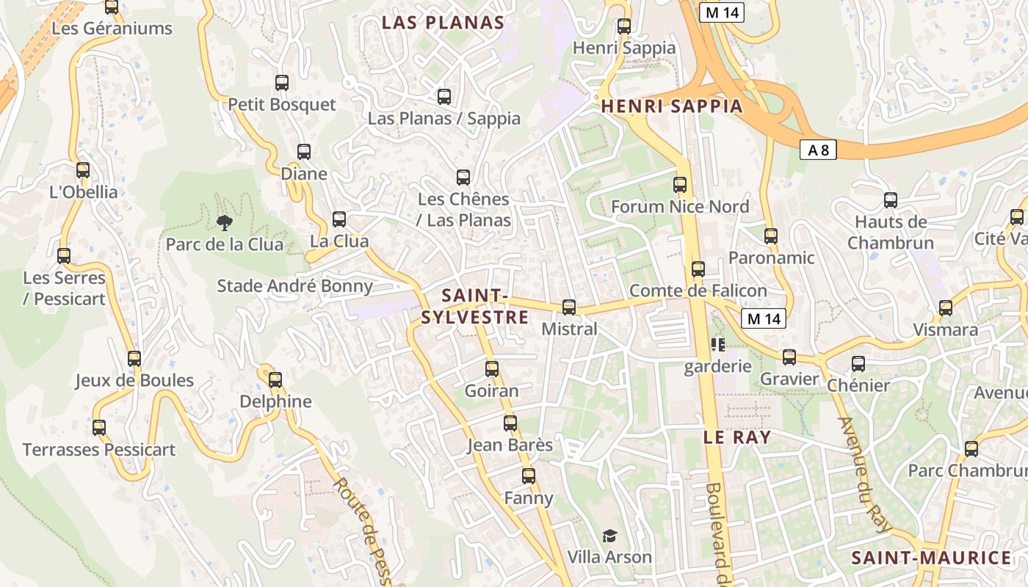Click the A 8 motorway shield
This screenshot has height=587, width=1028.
818,150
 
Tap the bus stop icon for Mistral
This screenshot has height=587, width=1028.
569,307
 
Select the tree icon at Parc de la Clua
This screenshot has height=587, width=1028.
225,222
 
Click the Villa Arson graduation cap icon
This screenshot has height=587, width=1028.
609,536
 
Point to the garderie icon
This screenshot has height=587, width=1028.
717,344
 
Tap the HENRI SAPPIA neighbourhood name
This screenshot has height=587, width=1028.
672,106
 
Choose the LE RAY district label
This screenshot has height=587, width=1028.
737,437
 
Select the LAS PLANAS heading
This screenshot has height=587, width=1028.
443,23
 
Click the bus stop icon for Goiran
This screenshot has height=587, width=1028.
492,369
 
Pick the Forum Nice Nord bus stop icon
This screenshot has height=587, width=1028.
680,185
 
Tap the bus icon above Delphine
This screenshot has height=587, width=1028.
275,380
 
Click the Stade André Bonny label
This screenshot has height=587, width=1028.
294,286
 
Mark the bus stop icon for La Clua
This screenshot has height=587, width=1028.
339,219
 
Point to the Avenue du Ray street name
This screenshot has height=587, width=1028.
864,475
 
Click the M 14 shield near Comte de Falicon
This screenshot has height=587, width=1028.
764,318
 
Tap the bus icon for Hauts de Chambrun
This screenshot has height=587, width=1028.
891,200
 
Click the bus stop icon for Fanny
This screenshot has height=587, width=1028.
529,476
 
